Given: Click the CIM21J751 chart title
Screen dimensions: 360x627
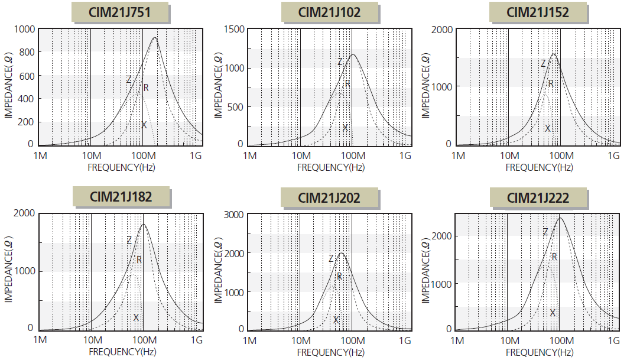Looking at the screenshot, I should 121,12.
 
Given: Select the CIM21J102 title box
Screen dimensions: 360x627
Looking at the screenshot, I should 330,12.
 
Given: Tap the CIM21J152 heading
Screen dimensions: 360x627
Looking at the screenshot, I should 538,12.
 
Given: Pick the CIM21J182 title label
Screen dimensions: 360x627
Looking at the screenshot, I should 121,197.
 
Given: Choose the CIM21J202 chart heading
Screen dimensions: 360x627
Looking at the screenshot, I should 330,197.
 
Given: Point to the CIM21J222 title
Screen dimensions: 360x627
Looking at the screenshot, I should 538,197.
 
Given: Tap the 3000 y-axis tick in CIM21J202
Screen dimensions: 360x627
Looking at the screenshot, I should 233,215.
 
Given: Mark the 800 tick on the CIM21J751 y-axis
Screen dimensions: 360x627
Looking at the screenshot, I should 26,52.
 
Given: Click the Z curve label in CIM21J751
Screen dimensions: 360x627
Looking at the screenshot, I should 128,79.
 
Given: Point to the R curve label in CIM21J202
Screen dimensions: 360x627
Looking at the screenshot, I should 339,276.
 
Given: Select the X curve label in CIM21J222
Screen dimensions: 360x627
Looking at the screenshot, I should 553,313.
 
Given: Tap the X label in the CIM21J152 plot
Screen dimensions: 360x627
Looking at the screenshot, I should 547,128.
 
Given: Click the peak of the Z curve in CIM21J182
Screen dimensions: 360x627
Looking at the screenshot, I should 143,224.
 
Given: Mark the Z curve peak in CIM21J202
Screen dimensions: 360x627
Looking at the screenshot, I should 340,254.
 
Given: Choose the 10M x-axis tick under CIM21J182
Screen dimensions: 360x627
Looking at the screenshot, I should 92,340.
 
